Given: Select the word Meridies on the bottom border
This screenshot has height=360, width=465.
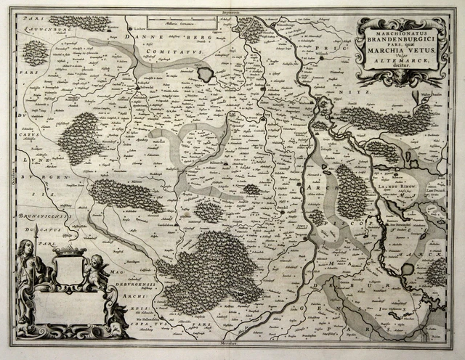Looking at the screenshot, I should [230, 341].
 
